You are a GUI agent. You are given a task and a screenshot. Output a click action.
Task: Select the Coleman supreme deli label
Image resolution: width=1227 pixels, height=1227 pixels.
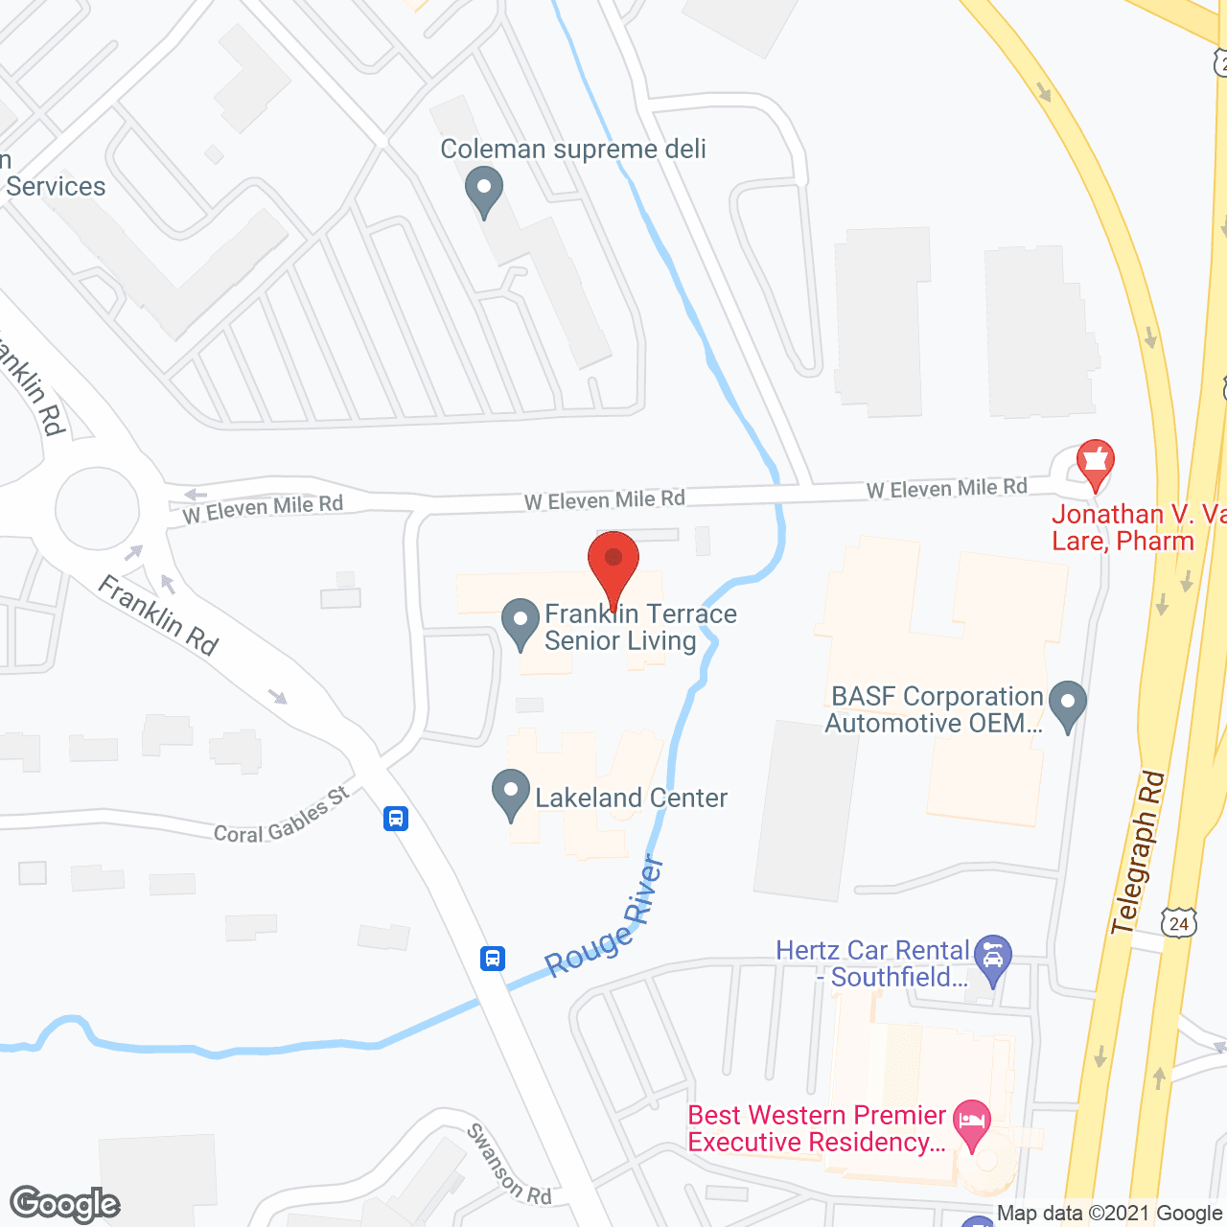coord(573,150)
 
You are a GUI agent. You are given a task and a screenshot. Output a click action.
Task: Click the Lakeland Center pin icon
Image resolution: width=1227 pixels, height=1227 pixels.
coord(510,794)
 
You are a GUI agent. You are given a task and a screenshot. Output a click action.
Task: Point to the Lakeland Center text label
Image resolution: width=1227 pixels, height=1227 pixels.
coord(631,798)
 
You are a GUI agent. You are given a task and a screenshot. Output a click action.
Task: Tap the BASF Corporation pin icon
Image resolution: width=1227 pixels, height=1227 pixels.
coord(1068,705)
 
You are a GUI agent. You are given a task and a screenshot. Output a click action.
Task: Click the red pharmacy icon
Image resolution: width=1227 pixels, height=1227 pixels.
coord(1095,464)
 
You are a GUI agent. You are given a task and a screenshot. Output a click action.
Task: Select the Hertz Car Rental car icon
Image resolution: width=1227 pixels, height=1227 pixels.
coord(992,958)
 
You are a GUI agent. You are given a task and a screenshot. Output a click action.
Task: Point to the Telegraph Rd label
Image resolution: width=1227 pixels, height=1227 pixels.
coord(1138,853)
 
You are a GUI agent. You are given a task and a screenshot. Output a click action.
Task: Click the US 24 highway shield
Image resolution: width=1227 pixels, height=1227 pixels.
coord(1178,923)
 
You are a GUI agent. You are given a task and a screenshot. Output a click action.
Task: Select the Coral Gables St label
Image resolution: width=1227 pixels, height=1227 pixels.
coord(282,817)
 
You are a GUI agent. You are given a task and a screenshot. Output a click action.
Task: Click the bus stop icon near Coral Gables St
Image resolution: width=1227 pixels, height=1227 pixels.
coord(396,819)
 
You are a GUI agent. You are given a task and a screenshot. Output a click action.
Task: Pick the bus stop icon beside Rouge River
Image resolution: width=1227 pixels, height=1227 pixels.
coord(493,958)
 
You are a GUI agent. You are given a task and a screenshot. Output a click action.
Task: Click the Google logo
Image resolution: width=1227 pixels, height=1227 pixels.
coord(65,1204)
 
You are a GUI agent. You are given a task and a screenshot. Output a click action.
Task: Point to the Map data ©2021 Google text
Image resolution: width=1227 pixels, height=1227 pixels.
coord(1110,1214)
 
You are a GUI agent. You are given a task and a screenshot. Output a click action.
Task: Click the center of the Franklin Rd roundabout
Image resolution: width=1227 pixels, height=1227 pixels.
coord(97,509)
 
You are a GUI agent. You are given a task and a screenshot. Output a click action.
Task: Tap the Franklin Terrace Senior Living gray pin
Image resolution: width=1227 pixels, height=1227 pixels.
coord(521,622)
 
